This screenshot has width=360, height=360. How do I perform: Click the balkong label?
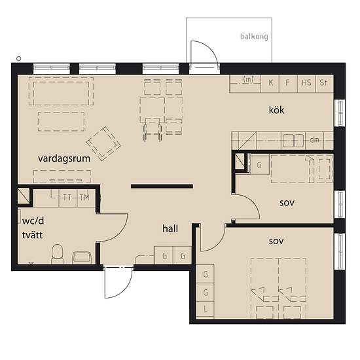pyautogui.click(x=254, y=37)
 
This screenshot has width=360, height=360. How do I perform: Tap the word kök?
pyautogui.click(x=276, y=110)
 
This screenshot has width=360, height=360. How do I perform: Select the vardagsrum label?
pyautogui.click(x=64, y=158)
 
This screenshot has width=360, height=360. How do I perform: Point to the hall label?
pyautogui.click(x=170, y=228)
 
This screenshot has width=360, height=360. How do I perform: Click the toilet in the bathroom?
pyautogui.click(x=57, y=255)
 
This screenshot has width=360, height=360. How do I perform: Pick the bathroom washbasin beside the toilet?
pyautogui.click(x=82, y=258)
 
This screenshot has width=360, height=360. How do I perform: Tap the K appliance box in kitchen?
pyautogui.click(x=270, y=84)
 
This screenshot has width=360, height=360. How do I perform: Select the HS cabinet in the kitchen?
pyautogui.click(x=306, y=84)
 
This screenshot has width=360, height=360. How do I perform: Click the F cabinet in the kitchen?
pyautogui.click(x=288, y=84)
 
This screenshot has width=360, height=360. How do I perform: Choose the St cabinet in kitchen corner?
pyautogui.click(x=325, y=84)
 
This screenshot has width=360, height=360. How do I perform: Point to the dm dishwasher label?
pyautogui.click(x=314, y=139)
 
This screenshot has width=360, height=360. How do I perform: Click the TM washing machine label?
pyautogui.click(x=84, y=197)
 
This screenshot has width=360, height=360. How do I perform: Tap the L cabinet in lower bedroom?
pyautogui.click(x=206, y=310)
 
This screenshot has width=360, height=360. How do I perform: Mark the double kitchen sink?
pyautogui.click(x=293, y=141)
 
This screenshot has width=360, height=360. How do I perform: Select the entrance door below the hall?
pyautogui.click(x=118, y=282)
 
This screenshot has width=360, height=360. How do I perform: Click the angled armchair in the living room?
pyautogui.click(x=103, y=144)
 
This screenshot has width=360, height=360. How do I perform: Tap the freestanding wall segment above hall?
pyautogui.click(x=162, y=186)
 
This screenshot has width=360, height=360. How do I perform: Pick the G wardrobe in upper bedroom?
pyautogui.click(x=260, y=164)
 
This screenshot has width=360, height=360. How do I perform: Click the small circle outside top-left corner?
pyautogui.click(x=19, y=58)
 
